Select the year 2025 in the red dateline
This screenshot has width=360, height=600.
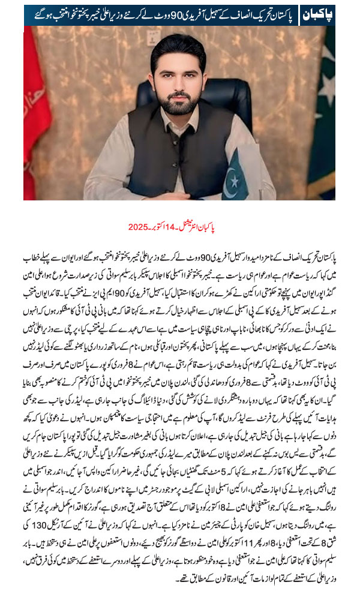point(138,229)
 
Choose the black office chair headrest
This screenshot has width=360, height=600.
point(148,90)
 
